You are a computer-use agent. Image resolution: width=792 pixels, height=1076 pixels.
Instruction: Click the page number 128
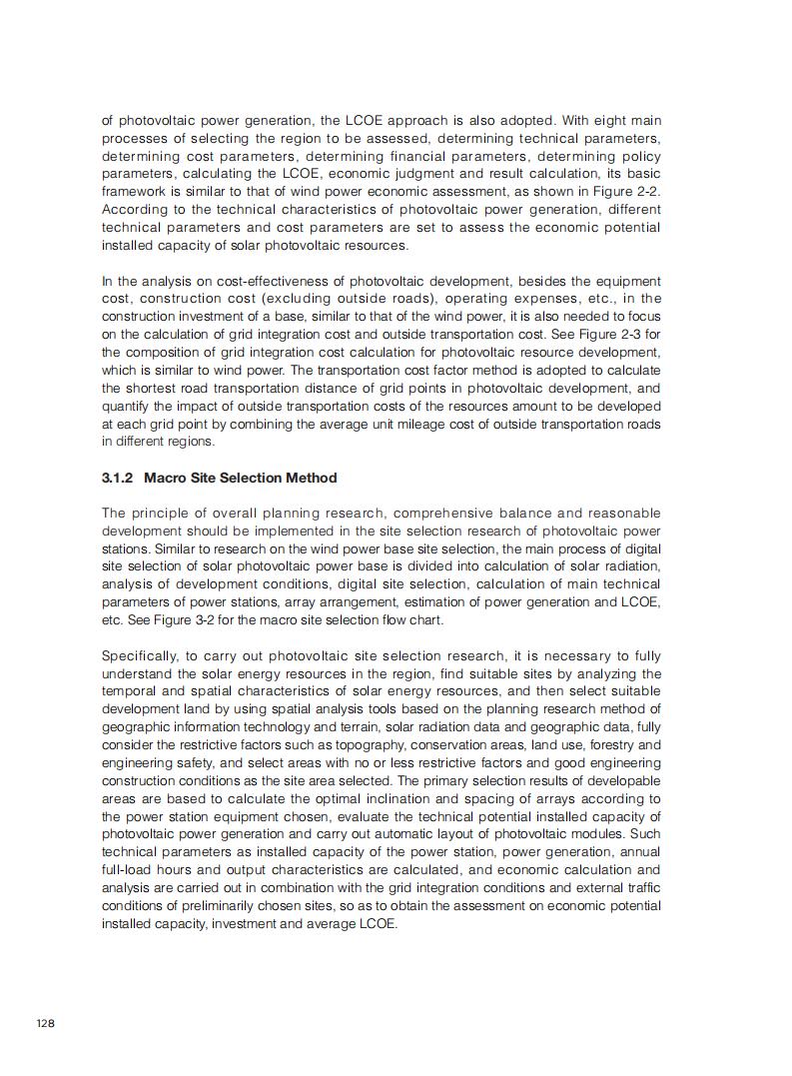tap(45, 1023)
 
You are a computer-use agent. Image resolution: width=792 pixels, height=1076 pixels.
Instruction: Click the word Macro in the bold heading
tap(166, 478)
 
